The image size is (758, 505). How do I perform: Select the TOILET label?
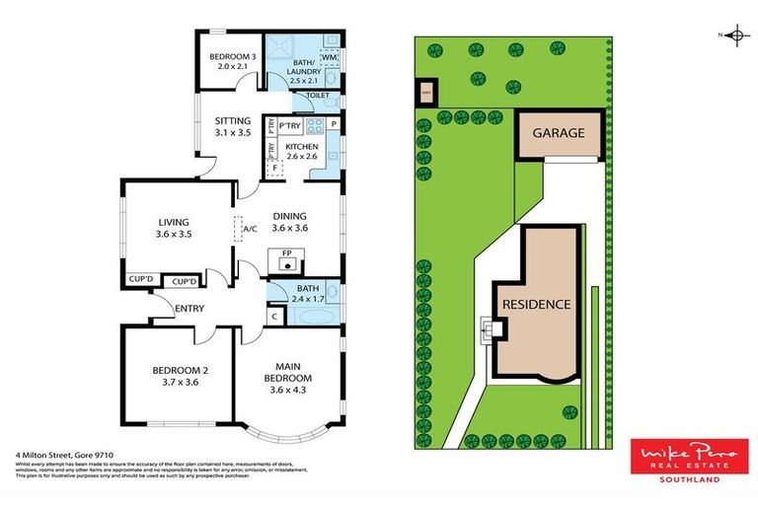(x=318, y=96)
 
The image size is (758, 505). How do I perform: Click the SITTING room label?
(x=233, y=125)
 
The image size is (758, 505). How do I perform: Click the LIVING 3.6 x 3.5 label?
(x=173, y=229)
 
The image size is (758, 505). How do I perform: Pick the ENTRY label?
(x=189, y=309)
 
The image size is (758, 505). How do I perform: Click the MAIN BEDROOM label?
(x=289, y=372)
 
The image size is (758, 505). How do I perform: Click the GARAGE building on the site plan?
(x=560, y=133)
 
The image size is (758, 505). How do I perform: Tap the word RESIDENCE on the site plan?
(x=536, y=304)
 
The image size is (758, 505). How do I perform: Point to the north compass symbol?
(x=735, y=36)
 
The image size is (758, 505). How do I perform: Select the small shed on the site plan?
(x=426, y=95)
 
